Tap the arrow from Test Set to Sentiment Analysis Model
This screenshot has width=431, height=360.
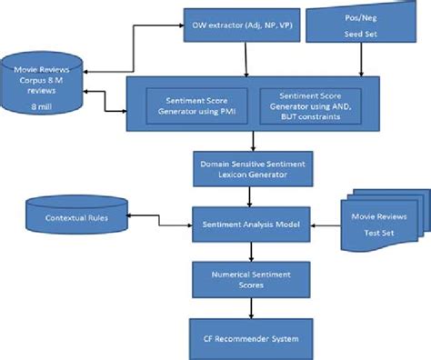click(x=325, y=219)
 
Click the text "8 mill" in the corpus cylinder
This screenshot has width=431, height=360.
click(x=41, y=105)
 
